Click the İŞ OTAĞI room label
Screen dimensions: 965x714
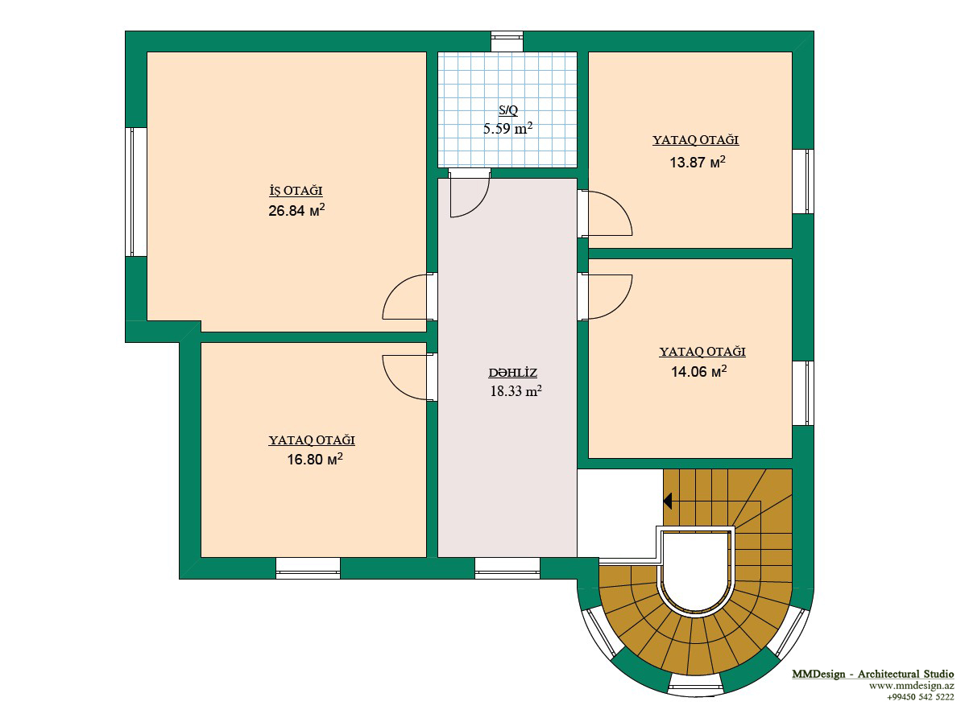click(x=296, y=191)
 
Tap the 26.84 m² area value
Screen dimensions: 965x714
click(x=296, y=210)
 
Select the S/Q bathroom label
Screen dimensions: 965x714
click(x=508, y=110)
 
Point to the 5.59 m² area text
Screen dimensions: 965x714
click(x=507, y=129)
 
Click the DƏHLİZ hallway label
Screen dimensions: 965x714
click(x=512, y=373)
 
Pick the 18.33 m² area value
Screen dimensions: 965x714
click(x=516, y=390)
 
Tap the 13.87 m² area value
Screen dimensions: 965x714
click(x=698, y=162)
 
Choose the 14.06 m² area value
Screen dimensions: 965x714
click(x=699, y=371)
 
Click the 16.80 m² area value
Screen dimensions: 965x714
click(x=315, y=459)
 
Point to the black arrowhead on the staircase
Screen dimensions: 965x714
click(x=667, y=501)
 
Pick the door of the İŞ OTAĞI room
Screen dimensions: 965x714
click(x=405, y=296)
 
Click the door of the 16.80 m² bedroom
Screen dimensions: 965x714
click(x=405, y=378)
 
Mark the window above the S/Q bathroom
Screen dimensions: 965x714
click(x=507, y=41)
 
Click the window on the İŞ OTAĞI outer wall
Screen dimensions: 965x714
click(x=136, y=192)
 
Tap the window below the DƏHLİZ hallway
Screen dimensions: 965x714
click(x=507, y=568)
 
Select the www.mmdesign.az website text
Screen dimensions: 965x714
click(x=912, y=686)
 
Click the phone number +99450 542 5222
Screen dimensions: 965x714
click(x=920, y=697)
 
